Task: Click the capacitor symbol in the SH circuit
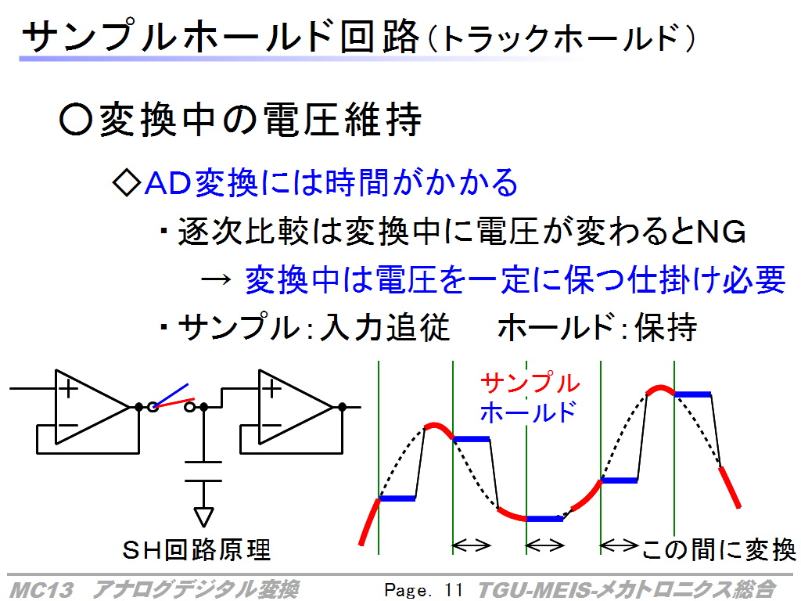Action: click(x=203, y=471)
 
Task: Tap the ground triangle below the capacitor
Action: click(x=203, y=516)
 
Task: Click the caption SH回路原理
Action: click(x=196, y=550)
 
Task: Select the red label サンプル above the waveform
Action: click(x=530, y=383)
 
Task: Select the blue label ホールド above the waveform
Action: click(x=528, y=412)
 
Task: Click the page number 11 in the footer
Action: click(x=453, y=590)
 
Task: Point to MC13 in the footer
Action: click(x=41, y=590)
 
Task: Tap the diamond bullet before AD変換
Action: click(x=127, y=182)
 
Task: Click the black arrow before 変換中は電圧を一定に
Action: click(x=216, y=279)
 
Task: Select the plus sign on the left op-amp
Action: click(x=68, y=390)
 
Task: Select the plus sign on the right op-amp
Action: click(x=271, y=390)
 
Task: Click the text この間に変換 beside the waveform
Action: click(x=719, y=550)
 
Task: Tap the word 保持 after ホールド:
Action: click(x=666, y=327)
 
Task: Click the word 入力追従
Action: click(x=385, y=327)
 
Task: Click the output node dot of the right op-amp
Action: click(x=343, y=407)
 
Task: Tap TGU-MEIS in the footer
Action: click(x=533, y=590)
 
